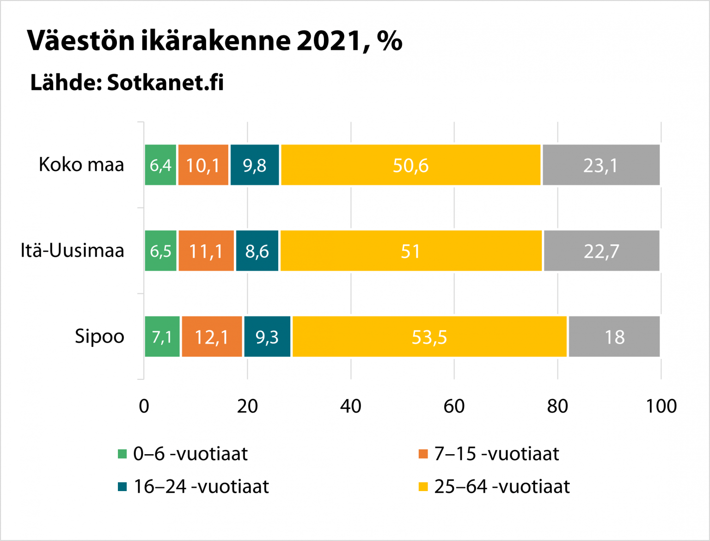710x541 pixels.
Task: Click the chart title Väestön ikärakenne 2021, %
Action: click(x=214, y=41)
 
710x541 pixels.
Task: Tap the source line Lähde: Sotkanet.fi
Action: click(x=127, y=83)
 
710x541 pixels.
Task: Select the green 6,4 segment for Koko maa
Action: click(x=160, y=165)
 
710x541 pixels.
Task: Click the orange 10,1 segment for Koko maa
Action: click(x=203, y=165)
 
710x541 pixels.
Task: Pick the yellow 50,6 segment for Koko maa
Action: click(x=410, y=165)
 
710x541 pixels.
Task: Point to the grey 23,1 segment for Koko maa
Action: click(x=601, y=165)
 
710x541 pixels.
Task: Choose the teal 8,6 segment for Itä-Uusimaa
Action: click(x=257, y=251)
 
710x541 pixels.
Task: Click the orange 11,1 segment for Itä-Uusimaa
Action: click(x=206, y=251)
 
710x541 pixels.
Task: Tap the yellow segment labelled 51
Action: click(x=410, y=251)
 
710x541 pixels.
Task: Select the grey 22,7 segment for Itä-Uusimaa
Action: click(x=601, y=251)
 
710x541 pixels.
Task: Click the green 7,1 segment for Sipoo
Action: click(x=162, y=337)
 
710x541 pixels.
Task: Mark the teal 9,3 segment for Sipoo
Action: click(x=267, y=337)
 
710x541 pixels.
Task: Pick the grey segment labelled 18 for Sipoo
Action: click(x=614, y=337)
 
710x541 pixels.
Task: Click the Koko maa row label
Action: click(x=81, y=165)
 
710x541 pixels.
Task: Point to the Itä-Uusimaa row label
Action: click(x=73, y=251)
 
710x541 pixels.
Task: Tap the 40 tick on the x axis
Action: click(x=350, y=406)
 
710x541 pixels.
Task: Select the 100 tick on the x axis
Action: click(x=661, y=406)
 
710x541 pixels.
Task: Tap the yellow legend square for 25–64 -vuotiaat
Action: click(x=423, y=487)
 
